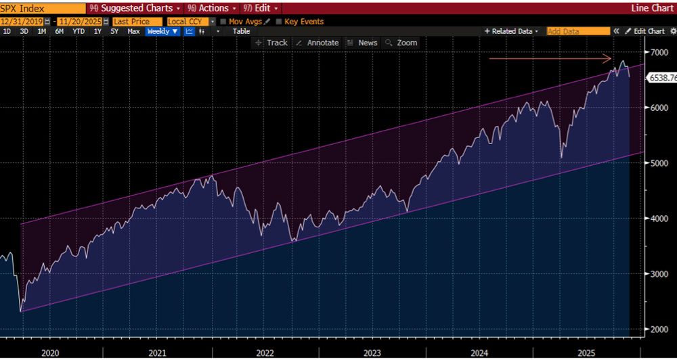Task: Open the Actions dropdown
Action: coord(213,9)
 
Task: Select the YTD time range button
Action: coord(79,32)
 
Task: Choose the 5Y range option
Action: coord(114,32)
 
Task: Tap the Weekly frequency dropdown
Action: coord(162,32)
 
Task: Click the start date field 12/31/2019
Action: coord(22,22)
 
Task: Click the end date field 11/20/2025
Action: coord(79,22)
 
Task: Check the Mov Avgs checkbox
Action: coord(223,22)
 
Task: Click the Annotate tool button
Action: coord(318,43)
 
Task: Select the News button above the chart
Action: coord(362,43)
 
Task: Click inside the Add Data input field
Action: coord(577,32)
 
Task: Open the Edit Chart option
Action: coord(645,32)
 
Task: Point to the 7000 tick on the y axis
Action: coord(659,52)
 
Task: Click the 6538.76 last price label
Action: coord(662,78)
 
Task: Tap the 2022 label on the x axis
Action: coord(265,353)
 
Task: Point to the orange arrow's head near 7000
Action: coord(612,58)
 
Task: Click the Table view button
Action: coord(241,32)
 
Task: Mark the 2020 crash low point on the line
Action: coord(21,311)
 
